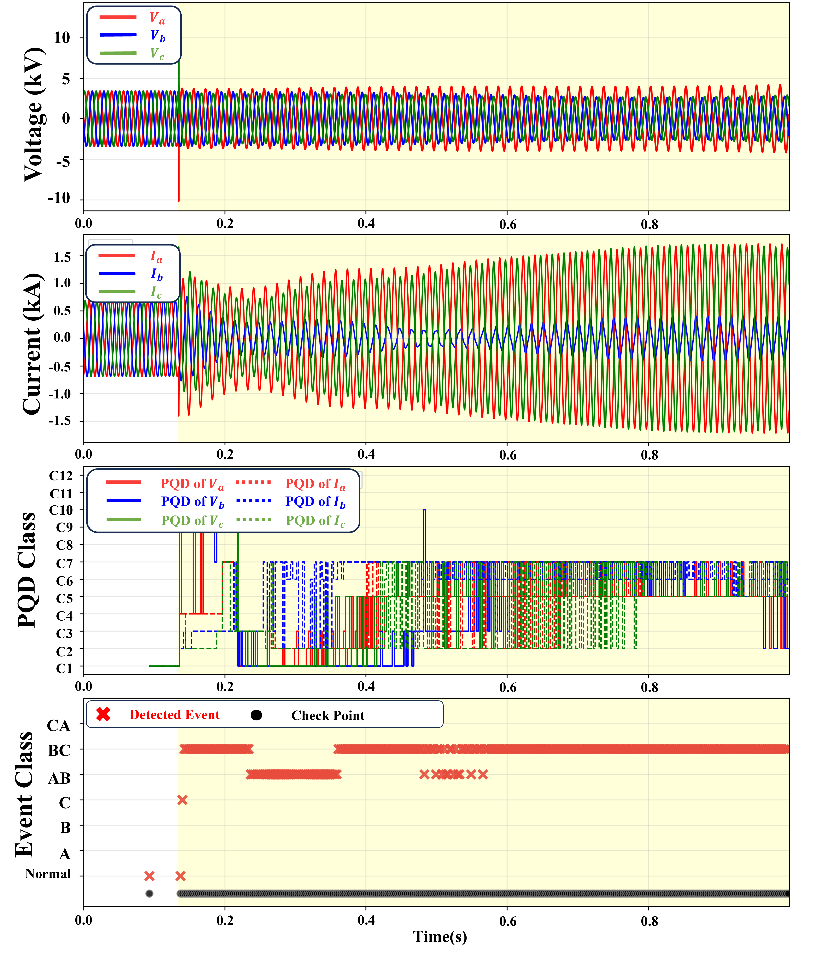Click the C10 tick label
[x=61, y=510]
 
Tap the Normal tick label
[x=48, y=874]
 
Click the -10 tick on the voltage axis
[x=59, y=198]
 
